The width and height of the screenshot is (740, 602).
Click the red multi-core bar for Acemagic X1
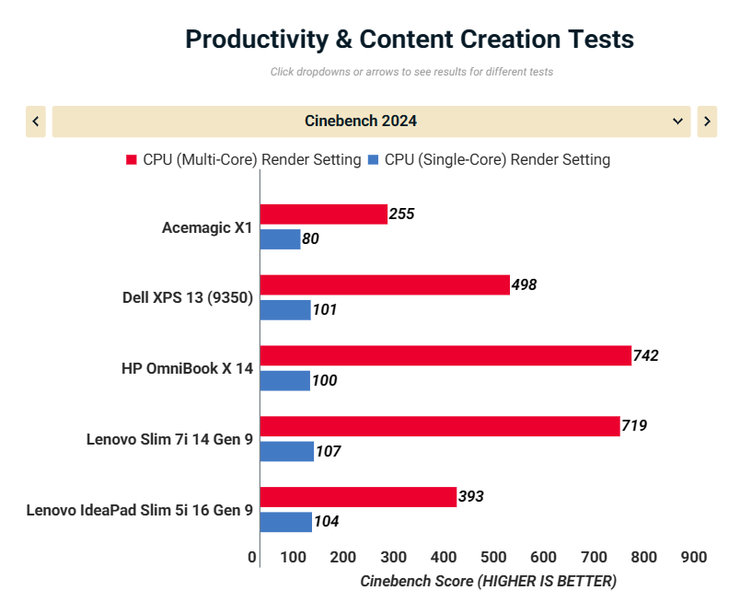coord(323,214)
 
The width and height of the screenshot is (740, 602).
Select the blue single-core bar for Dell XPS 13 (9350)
coord(285,309)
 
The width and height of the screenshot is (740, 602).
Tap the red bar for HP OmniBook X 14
coord(445,355)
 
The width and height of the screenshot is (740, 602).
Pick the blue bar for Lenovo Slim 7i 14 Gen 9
coord(287,451)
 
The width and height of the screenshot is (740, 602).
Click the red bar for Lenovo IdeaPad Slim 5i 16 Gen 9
coord(358,497)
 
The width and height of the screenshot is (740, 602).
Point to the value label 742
coord(646,355)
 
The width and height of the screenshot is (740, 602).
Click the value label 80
coord(311,239)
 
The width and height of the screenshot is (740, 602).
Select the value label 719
coord(635,426)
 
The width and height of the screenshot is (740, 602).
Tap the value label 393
coord(470,497)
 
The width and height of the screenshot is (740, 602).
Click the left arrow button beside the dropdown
coord(36,122)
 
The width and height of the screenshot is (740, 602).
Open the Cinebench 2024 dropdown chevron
coord(678,122)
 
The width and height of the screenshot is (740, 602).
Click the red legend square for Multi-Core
coord(132,160)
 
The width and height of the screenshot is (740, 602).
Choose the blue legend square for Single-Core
coord(373,160)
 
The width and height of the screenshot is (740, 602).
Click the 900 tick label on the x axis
coord(693,557)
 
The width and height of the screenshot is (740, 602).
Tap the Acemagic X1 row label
coord(207,227)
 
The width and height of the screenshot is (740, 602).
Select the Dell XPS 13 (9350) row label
coord(188,297)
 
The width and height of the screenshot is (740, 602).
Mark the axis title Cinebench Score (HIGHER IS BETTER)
coord(488,581)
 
